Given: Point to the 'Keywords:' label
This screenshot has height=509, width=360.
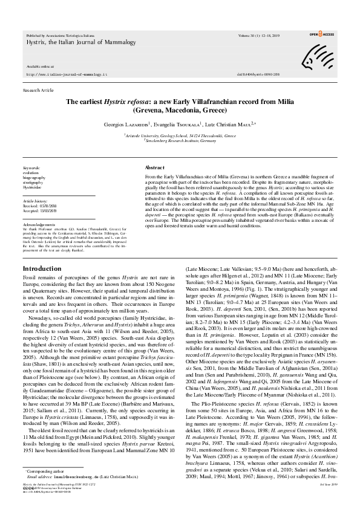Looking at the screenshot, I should click(31, 167).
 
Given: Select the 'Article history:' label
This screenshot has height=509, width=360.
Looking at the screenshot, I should click(36, 199).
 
